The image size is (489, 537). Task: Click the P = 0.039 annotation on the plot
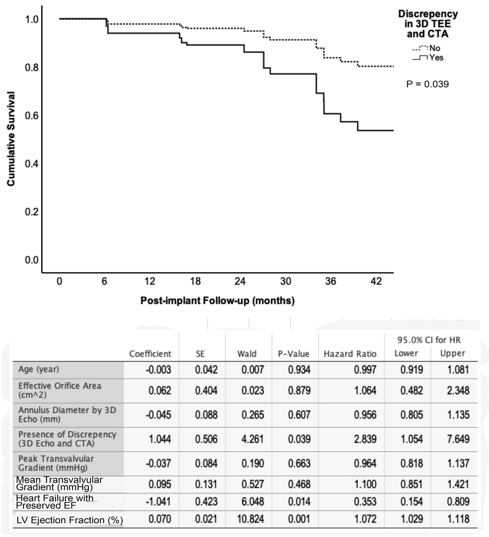pyautogui.click(x=427, y=84)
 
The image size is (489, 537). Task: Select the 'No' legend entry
pyautogui.click(x=434, y=48)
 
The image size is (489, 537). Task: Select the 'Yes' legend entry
pyautogui.click(x=436, y=58)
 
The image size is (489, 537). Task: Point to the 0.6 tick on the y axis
pyautogui.click(x=31, y=116)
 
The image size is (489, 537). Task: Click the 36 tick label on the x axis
pyautogui.click(x=331, y=281)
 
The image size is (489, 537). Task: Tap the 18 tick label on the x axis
pyautogui.click(x=195, y=281)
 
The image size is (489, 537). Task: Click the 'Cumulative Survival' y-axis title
pyautogui.click(x=11, y=139)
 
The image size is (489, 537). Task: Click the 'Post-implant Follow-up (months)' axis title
pyautogui.click(x=217, y=300)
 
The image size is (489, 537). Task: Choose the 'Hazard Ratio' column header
pyautogui.click(x=350, y=354)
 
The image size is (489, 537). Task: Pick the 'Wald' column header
pyautogui.click(x=247, y=354)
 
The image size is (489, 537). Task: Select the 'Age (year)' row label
pyautogui.click(x=39, y=369)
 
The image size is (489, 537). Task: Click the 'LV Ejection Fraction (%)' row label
pyautogui.click(x=70, y=520)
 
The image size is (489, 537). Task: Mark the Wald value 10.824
pyautogui.click(x=250, y=519)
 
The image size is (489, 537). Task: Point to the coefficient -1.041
pyautogui.click(x=158, y=501)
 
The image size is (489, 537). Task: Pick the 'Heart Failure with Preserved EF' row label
pyautogui.click(x=55, y=501)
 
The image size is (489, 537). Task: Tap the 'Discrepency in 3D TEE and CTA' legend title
pyautogui.click(x=428, y=24)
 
